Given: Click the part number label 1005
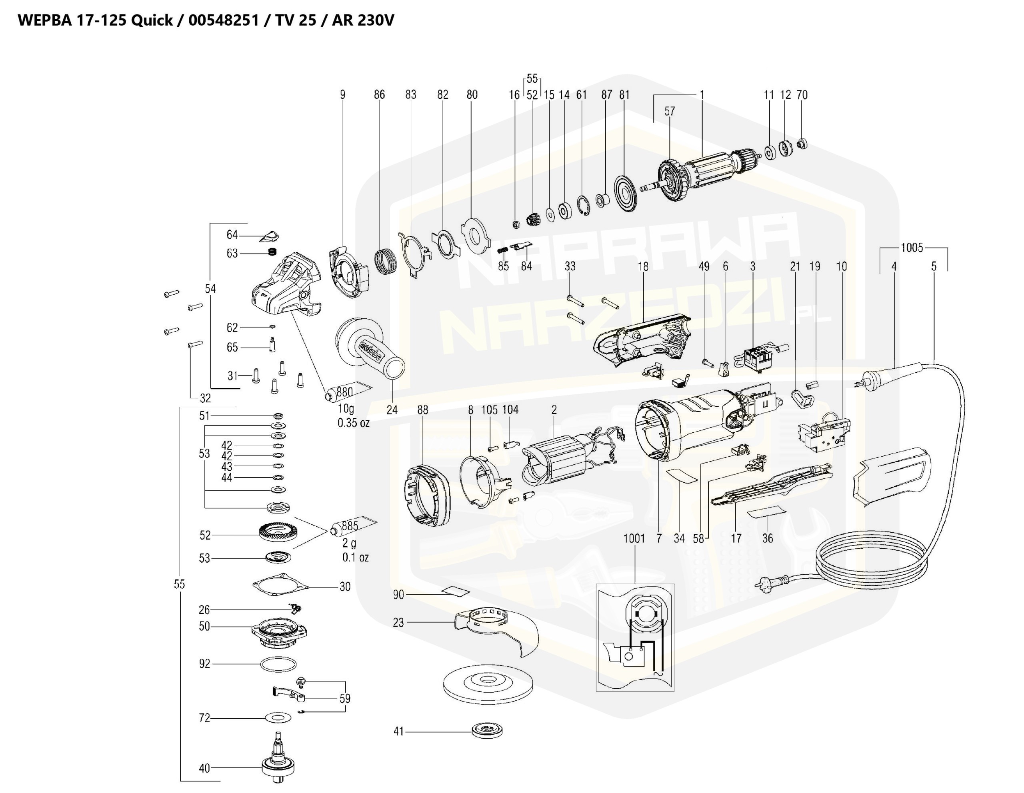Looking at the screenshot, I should click(912, 248).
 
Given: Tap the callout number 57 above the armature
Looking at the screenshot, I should click(670, 111).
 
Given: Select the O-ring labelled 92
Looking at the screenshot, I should click(278, 664).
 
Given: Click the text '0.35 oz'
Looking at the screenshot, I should click(354, 423).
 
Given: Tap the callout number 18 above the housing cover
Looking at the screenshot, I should click(643, 266).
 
